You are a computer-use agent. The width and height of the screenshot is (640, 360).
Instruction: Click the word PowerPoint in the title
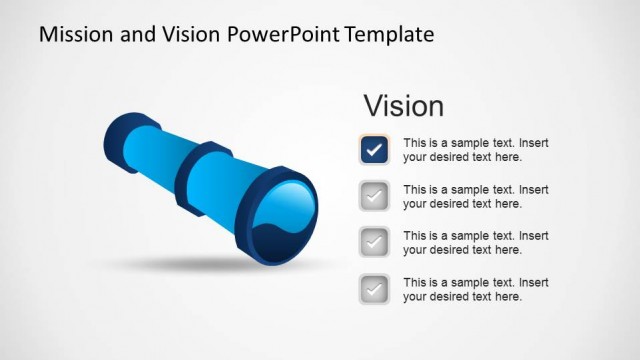[282, 34]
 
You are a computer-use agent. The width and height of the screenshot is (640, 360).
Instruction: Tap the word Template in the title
[390, 34]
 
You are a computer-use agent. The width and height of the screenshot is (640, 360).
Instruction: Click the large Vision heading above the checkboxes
[403, 106]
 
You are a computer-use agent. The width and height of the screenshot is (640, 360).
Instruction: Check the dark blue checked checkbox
[374, 150]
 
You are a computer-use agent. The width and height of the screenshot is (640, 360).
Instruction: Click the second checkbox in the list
[374, 196]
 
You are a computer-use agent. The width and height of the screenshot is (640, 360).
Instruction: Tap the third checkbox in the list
[374, 243]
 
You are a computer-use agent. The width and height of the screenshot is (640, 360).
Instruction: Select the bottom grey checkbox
[374, 289]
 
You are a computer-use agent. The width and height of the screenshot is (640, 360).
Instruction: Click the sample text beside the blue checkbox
[476, 150]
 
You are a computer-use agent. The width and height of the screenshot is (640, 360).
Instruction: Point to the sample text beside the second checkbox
[476, 196]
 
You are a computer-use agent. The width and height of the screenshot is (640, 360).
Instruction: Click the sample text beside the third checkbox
[476, 243]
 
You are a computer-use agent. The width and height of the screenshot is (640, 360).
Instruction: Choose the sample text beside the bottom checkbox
[476, 289]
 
